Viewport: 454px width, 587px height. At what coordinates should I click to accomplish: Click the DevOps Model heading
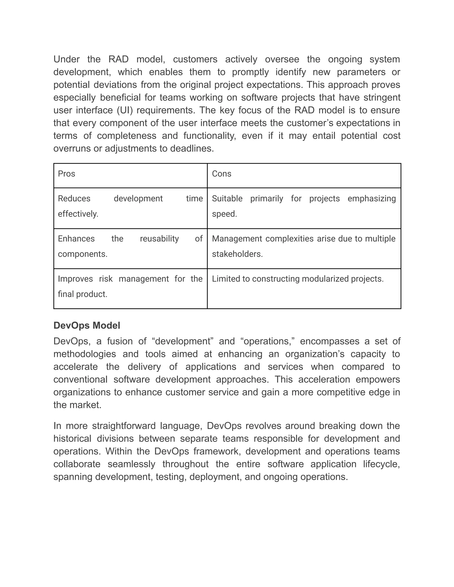[x=87, y=325]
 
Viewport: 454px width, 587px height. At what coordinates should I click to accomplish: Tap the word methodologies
[x=84, y=354]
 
